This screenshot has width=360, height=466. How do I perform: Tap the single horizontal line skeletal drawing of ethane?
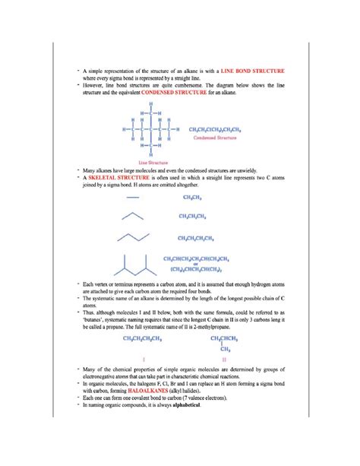(134, 197)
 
